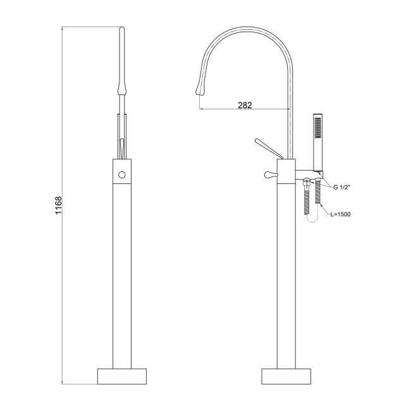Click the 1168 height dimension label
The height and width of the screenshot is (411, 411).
coord(58,205)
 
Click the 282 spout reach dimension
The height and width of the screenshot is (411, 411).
coord(245,105)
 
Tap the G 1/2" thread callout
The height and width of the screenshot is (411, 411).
coord(342,187)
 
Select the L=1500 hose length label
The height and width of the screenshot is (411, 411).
coord(340,214)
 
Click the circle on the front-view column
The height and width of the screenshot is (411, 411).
coord(122,175)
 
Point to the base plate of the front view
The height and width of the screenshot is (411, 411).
coord(122,376)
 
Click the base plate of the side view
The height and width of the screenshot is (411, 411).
coord(286,376)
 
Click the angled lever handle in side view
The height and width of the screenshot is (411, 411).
coord(269,149)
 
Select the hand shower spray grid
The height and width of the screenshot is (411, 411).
coord(318,127)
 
